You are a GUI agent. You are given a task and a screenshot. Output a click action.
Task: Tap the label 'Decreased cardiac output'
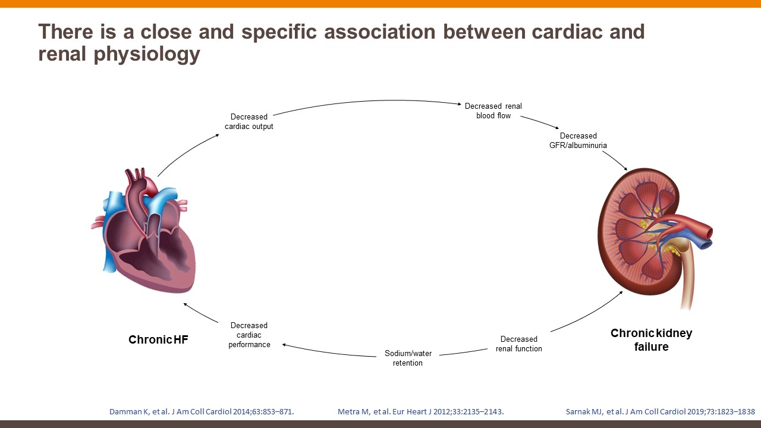coord(249,121)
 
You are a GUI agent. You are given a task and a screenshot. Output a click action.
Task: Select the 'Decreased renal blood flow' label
coord(493,111)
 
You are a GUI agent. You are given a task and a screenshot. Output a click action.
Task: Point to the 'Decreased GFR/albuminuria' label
coord(578,140)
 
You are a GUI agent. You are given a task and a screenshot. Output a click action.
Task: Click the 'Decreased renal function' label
coord(519,344)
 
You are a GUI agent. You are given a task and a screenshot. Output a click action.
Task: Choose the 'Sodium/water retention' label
coord(408,358)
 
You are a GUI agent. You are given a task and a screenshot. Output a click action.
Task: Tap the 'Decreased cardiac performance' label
coord(249,335)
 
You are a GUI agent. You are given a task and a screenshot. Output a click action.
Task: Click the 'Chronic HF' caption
coord(158,340)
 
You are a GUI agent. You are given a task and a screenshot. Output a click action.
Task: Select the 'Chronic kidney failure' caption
coord(651,340)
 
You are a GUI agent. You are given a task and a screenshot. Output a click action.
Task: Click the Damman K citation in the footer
coord(202,411)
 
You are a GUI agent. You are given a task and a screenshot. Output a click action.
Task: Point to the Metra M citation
coord(421,411)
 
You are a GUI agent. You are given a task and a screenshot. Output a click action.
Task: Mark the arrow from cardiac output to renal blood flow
coord(369,105)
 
